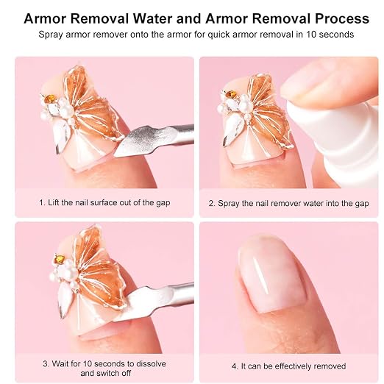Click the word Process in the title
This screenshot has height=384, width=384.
tap(342, 18)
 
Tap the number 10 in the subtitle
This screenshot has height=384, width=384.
tap(310, 35)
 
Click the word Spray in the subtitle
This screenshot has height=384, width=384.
tap(49, 35)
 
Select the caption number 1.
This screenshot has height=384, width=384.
tap(42, 202)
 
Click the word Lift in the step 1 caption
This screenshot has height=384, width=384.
tap(51, 202)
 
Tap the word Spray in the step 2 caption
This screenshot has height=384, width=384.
tap(228, 204)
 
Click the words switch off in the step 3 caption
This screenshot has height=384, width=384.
tap(114, 373)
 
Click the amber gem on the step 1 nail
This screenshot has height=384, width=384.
tap(51, 99)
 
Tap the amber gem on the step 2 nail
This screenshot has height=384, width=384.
tap(231, 93)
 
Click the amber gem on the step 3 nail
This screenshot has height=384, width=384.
tap(59, 258)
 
